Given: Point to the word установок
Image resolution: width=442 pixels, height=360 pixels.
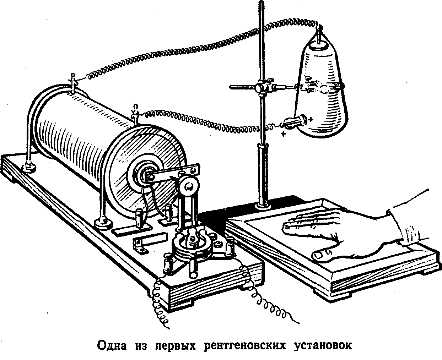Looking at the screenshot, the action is click(x=323, y=345).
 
